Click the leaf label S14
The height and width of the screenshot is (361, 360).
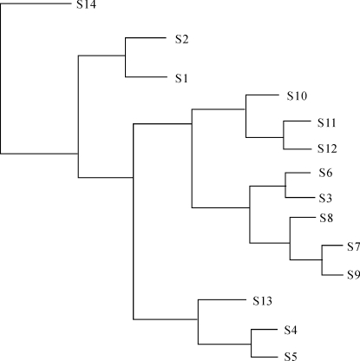coord(86,4)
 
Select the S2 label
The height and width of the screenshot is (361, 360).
coord(181,39)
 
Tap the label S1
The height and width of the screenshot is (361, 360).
coord(181,78)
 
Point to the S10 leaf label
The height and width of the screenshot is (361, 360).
coord(297,95)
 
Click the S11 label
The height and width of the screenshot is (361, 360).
coord(327,122)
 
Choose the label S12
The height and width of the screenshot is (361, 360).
coord(327,148)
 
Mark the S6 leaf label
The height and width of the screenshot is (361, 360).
coord(325,173)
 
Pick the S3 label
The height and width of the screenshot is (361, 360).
coord(325,198)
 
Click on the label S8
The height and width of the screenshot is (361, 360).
coord(326,218)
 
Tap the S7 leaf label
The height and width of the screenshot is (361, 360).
coord(353,246)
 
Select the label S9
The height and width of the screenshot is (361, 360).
coord(353,274)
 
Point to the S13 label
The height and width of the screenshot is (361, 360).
coord(262,301)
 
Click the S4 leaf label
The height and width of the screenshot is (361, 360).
coord(291,330)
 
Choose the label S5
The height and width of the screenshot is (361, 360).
coord(291,356)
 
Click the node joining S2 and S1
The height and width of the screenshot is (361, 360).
coord(125,56)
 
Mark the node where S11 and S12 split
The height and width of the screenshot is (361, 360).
coord(284,137)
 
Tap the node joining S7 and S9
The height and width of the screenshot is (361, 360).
coord(322,259)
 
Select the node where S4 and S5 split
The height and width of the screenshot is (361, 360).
coord(251,345)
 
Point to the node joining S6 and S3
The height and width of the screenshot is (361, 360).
coord(285,186)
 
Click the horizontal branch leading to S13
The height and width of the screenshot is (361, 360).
coord(222,299)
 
